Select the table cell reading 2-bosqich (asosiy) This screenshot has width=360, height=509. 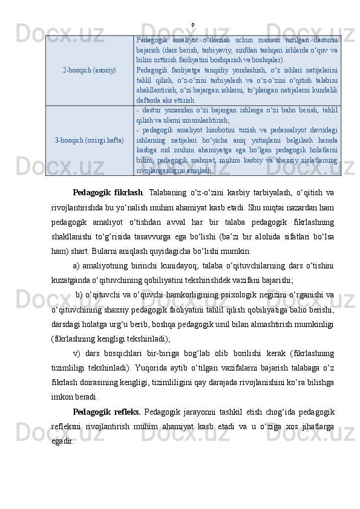pos(90,70)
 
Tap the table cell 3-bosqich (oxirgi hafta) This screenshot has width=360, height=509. pos(90,140)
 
